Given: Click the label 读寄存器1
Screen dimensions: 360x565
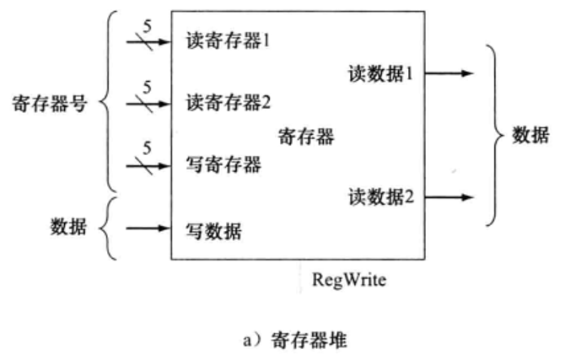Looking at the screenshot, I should click(x=226, y=40).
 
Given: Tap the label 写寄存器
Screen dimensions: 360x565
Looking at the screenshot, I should click(x=223, y=164).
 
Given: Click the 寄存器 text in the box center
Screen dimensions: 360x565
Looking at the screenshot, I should click(x=305, y=135).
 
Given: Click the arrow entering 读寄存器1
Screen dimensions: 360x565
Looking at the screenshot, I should click(x=147, y=40).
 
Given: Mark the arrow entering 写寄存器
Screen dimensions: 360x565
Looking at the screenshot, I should click(x=147, y=165).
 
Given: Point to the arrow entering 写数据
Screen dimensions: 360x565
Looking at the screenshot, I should click(x=147, y=228).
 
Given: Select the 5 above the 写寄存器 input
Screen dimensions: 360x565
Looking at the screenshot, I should click(x=148, y=148).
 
